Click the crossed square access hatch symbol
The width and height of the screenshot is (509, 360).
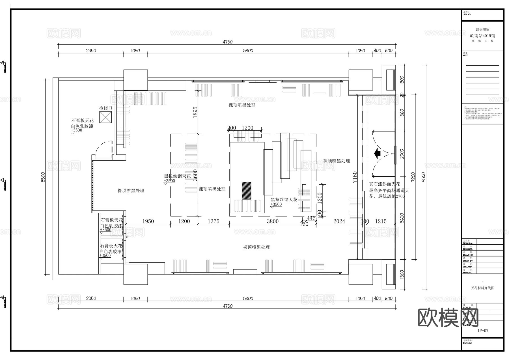(105, 117)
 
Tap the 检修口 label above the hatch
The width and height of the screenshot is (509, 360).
(105, 108)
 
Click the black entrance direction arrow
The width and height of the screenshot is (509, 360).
(377, 154)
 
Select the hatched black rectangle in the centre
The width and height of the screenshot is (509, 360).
(246, 191)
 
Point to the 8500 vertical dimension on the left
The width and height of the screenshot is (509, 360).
(43, 177)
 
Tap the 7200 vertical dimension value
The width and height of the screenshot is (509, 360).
(413, 177)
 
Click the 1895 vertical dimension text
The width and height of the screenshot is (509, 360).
(195, 112)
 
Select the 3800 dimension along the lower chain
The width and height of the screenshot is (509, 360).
(273, 221)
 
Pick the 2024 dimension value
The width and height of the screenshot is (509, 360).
(339, 221)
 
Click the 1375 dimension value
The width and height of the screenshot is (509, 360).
(213, 221)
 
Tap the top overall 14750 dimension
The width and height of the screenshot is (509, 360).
(227, 42)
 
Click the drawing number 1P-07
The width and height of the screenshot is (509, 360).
(483, 331)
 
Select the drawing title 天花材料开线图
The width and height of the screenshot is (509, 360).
(483, 288)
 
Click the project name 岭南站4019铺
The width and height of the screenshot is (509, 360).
(483, 36)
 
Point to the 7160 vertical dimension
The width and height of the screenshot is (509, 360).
(355, 177)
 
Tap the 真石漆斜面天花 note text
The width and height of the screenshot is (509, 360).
(384, 184)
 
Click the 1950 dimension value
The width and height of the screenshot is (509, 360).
(148, 221)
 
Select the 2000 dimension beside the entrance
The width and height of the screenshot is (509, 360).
(402, 154)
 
